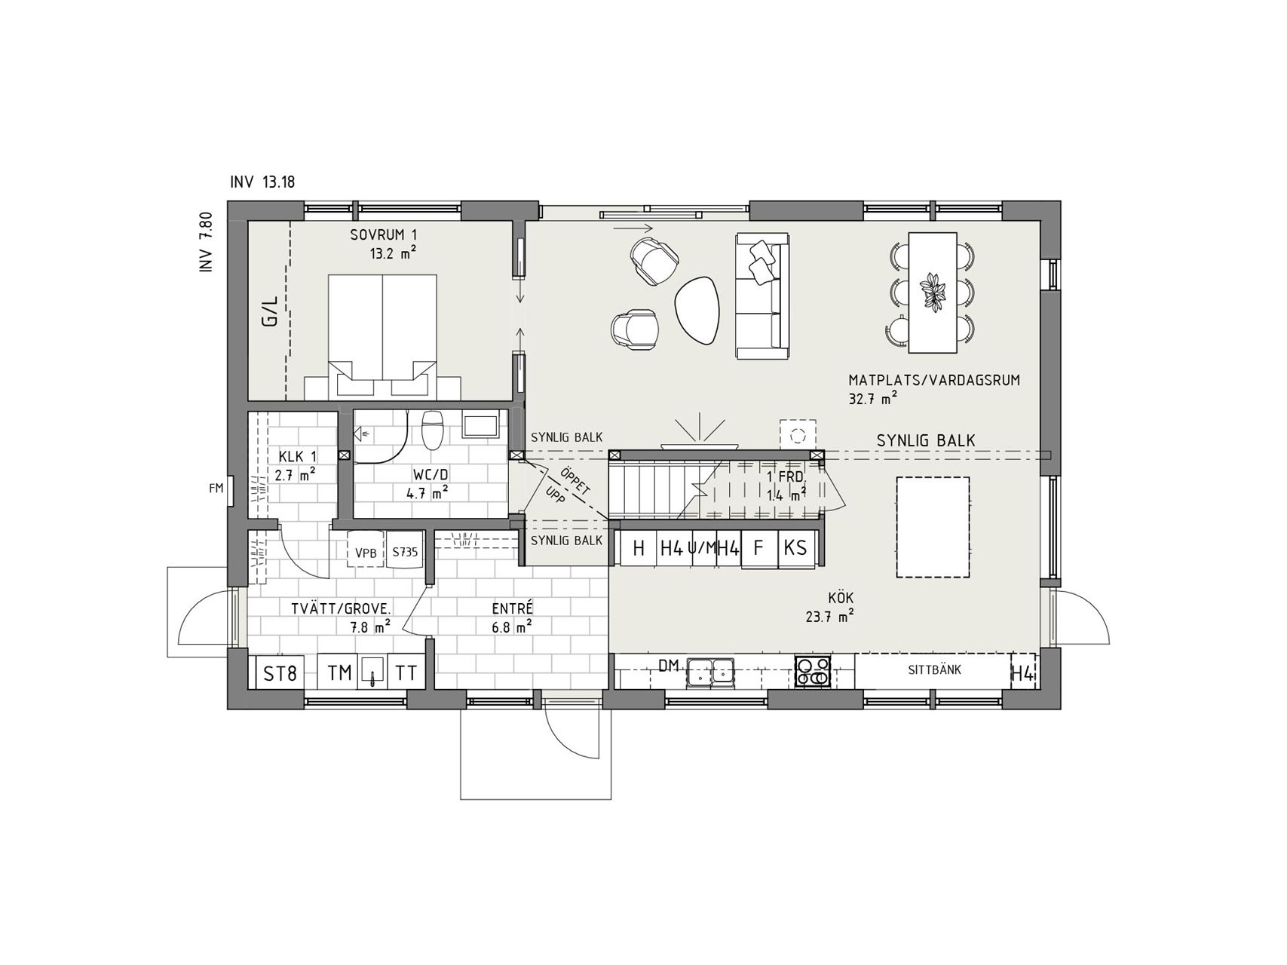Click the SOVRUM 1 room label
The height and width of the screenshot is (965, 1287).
(383, 234)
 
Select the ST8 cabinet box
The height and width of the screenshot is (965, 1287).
(280, 672)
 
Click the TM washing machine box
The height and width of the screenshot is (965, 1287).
(339, 672)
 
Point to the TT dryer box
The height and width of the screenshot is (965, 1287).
(406, 672)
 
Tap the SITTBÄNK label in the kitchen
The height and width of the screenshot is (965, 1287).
(934, 669)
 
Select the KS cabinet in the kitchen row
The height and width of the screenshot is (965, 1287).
(795, 548)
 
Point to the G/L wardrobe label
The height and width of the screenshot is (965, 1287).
(269, 311)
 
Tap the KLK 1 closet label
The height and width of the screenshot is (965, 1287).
(298, 457)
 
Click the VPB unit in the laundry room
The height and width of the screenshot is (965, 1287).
(366, 552)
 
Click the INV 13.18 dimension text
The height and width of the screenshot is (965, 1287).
(262, 182)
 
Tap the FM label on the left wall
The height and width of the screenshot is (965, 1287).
(216, 489)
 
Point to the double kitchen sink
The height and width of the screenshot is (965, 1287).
(710, 671)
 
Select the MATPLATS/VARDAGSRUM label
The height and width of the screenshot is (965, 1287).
(934, 381)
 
